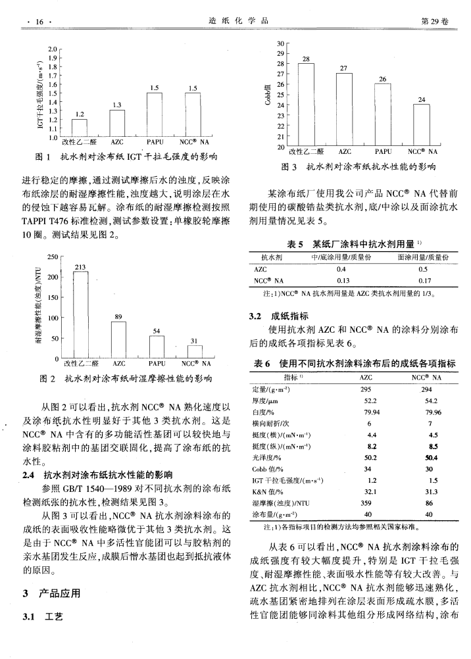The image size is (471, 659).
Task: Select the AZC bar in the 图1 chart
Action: pos(117,123)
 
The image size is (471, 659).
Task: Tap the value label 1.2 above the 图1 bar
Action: pos(80,114)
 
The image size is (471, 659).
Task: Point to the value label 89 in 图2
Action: pos(118,317)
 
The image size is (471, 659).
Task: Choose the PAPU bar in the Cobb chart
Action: pos(382,115)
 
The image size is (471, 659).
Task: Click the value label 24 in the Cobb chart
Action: pos(421,99)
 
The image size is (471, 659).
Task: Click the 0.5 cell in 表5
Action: pos(422,269)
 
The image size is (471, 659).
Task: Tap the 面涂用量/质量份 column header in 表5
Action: pos(422,257)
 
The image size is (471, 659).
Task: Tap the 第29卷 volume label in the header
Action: pos(434,22)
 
